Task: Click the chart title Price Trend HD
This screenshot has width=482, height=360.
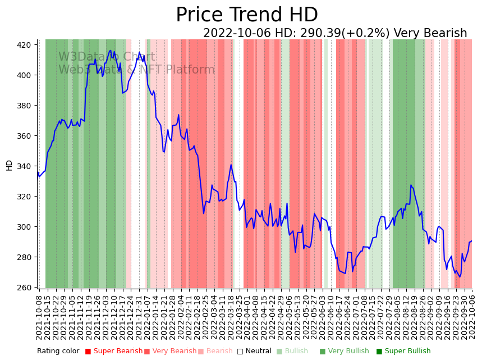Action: (246, 15)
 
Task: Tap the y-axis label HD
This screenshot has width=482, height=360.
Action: (9, 165)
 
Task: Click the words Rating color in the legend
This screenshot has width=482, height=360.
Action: (58, 352)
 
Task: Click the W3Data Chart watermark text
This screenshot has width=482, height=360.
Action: (107, 57)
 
